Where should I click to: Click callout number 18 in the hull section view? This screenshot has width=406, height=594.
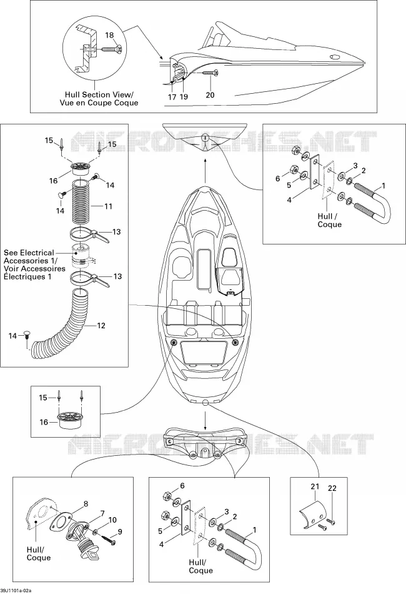[x=109, y=35]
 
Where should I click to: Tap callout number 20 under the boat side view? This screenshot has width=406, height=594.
[x=210, y=94]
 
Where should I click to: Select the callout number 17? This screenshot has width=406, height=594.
[x=172, y=97]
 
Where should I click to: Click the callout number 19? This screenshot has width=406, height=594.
[x=184, y=97]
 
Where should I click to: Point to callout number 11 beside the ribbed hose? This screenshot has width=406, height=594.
[x=108, y=206]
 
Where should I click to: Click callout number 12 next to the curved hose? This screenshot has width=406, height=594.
[x=101, y=325]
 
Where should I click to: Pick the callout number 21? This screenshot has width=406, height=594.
[x=315, y=486]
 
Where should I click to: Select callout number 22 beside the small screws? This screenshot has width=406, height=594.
[x=332, y=488]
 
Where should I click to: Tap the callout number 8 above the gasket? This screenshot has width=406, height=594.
[x=86, y=504]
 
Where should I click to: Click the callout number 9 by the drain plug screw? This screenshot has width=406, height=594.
[x=120, y=532]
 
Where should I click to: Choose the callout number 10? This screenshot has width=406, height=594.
[x=112, y=520]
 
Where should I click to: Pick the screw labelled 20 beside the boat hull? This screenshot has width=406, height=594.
[x=210, y=73]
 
